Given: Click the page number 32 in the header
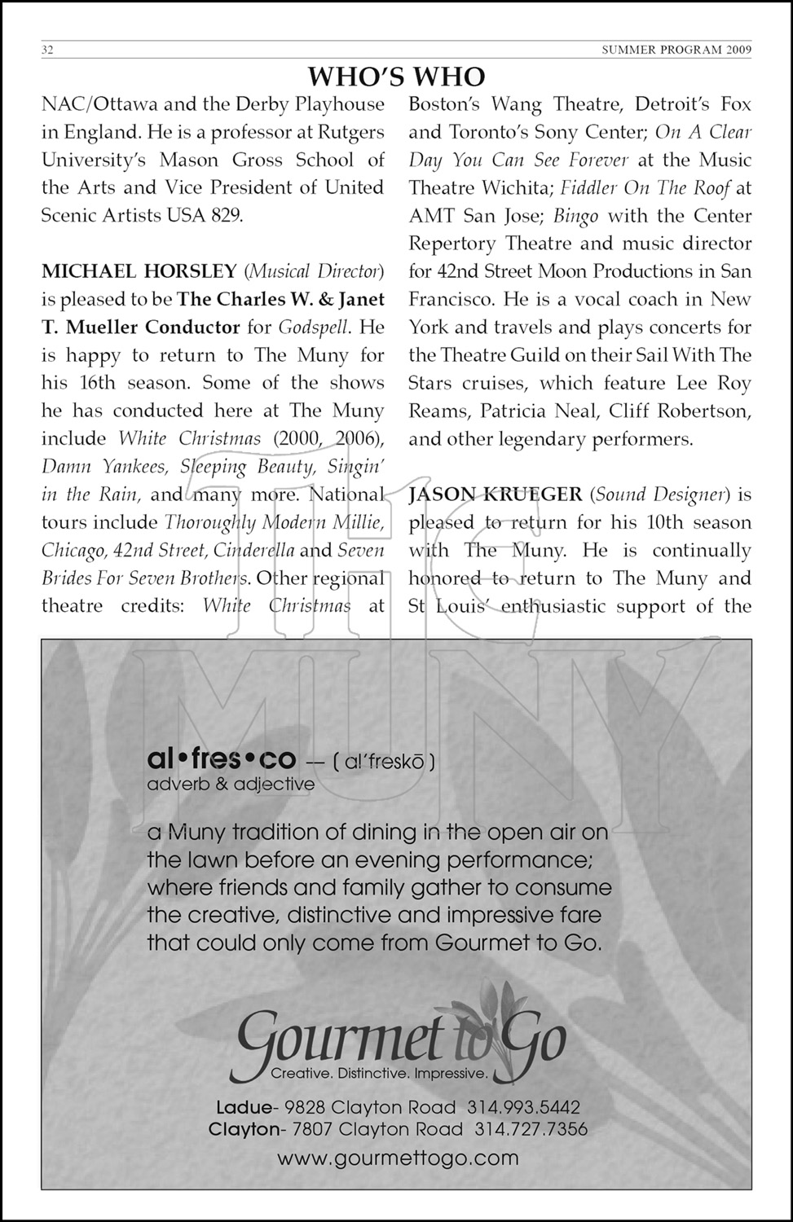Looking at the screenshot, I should coord(47,50).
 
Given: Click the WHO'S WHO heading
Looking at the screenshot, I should coord(396,77).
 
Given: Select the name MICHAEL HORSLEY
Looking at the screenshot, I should coord(139,270).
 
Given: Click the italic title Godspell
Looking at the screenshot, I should coord(314,327).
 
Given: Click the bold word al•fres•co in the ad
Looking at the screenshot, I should coord(221,759).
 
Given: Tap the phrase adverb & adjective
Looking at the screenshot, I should coord(231,785).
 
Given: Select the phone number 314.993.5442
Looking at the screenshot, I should coord(523,1107).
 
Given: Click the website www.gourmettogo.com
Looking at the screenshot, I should coord(398,1158).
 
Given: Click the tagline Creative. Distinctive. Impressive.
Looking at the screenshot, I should coord(379,1074).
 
